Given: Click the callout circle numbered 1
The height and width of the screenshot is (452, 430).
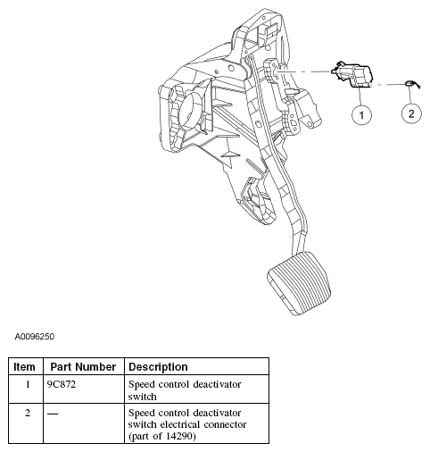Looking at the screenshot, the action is click(x=361, y=114).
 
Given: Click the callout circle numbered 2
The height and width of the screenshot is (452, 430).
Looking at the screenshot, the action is click(x=411, y=113).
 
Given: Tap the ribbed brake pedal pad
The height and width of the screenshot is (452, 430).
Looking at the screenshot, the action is click(x=299, y=283).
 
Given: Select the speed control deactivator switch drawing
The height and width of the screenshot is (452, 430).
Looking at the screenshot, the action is click(x=352, y=74).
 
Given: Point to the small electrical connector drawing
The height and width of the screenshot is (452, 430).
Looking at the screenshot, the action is click(x=410, y=84).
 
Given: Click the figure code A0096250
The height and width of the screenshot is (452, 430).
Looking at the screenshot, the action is click(x=35, y=337).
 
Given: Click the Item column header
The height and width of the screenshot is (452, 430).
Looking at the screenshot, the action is click(x=24, y=367).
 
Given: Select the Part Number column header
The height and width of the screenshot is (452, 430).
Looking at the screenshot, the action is click(x=83, y=367).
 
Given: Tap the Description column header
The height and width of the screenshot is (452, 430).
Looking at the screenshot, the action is click(x=158, y=367).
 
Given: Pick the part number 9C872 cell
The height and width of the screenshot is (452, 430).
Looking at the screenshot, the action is click(x=62, y=384).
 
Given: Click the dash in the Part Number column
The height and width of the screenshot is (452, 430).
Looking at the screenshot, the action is click(x=53, y=414).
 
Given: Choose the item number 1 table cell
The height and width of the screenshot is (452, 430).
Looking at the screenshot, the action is click(x=28, y=384).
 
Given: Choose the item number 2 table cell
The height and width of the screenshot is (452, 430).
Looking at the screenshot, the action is click(x=28, y=414).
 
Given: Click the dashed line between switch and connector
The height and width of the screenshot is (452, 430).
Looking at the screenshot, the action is click(x=388, y=85).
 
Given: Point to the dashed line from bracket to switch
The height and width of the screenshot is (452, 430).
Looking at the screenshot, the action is click(x=305, y=71).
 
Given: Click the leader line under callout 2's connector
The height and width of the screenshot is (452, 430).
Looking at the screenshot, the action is click(x=410, y=96).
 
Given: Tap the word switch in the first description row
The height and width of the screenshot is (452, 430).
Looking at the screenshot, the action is click(x=142, y=397).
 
